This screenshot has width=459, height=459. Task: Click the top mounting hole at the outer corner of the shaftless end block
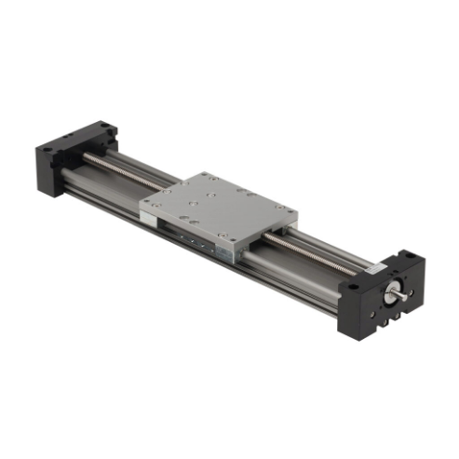coord(55,139)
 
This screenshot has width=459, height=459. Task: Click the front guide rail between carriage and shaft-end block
coord(298,277)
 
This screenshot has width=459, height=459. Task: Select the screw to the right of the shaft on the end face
coord(417,289)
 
